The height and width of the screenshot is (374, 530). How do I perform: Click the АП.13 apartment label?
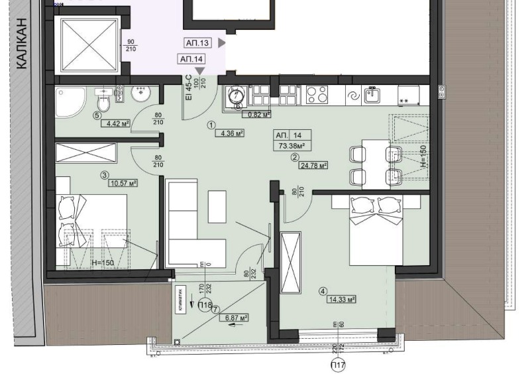click(x=197, y=43)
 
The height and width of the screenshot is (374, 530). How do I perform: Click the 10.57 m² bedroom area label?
click(x=123, y=183)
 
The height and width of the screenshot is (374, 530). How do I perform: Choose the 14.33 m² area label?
click(x=341, y=299)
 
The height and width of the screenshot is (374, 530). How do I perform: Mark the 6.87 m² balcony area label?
click(x=233, y=318)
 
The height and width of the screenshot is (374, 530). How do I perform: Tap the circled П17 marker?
click(x=338, y=363)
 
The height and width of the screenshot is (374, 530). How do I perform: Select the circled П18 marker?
click(x=205, y=306)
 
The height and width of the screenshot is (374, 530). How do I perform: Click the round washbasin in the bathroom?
click(x=140, y=94)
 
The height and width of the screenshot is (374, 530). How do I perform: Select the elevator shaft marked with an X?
click(x=88, y=44)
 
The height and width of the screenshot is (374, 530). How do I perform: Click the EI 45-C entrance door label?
click(x=188, y=87)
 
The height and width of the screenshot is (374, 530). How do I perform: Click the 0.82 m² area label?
click(x=258, y=114)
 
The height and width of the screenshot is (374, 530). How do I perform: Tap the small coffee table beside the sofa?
click(x=217, y=206)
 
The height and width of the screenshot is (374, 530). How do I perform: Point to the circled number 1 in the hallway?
click(x=211, y=124)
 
